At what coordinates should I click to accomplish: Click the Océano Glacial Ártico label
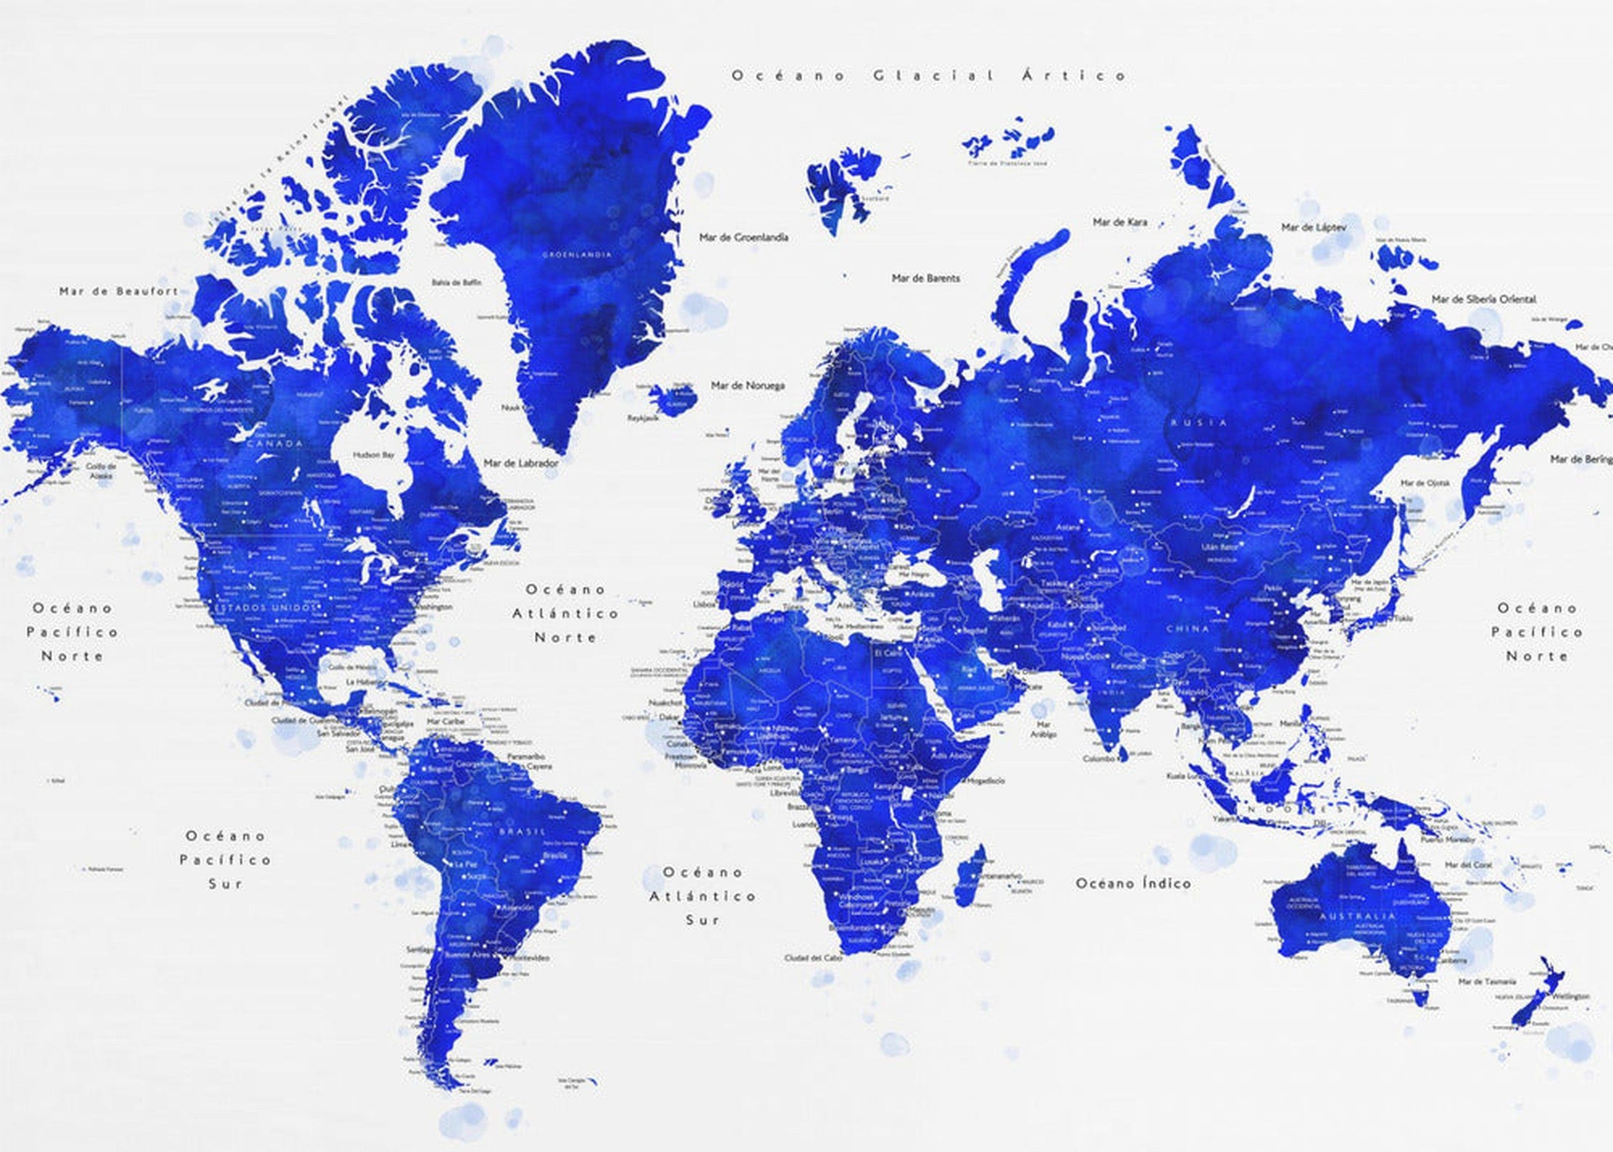[x=929, y=75]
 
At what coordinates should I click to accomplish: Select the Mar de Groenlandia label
[x=743, y=237]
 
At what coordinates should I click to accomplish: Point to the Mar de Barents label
[x=925, y=278]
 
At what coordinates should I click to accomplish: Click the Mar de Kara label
[x=1119, y=222]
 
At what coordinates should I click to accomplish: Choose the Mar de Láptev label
[x=1313, y=228]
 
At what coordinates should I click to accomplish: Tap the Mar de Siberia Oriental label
[x=1483, y=299]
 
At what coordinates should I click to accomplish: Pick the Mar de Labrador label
[x=520, y=462]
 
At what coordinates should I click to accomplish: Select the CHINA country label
[x=1187, y=628]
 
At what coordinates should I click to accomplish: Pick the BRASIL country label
[x=522, y=830]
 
